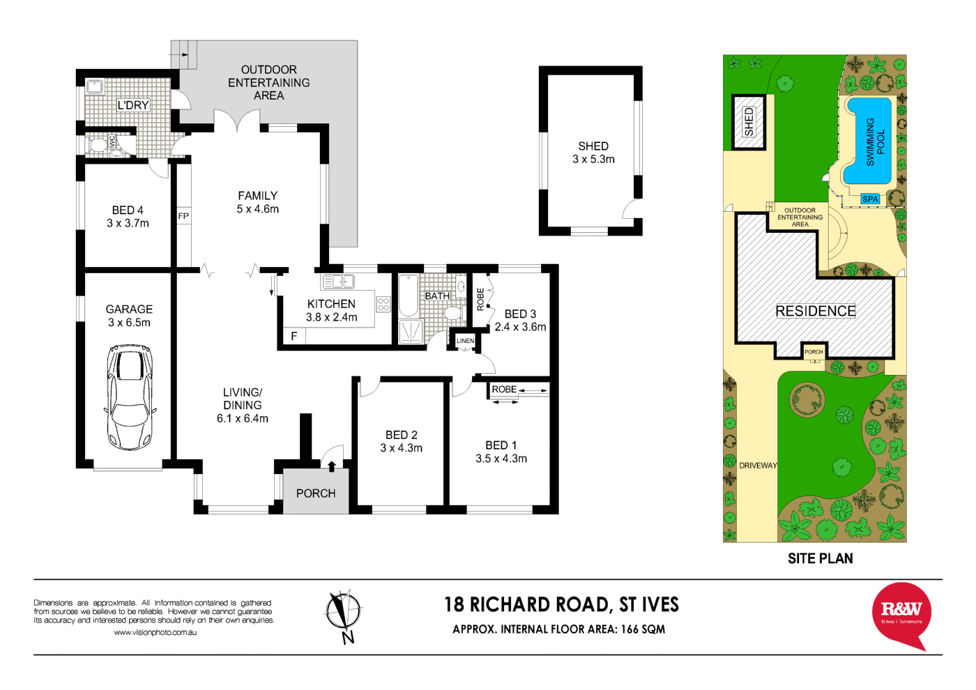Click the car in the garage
point(130,397)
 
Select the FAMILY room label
point(257,196)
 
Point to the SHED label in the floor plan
point(593,146)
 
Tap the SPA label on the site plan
point(870,199)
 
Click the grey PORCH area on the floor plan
point(316,493)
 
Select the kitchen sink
point(338,282)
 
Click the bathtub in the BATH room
point(408,296)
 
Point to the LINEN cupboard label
point(465,341)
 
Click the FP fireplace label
point(183,216)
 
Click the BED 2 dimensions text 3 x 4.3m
point(401,448)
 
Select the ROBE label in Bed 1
point(504,390)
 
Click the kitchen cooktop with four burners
point(383,304)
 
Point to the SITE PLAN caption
point(820,558)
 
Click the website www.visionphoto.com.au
point(155,632)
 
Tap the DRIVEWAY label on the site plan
point(758,466)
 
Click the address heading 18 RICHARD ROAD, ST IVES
point(561,604)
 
